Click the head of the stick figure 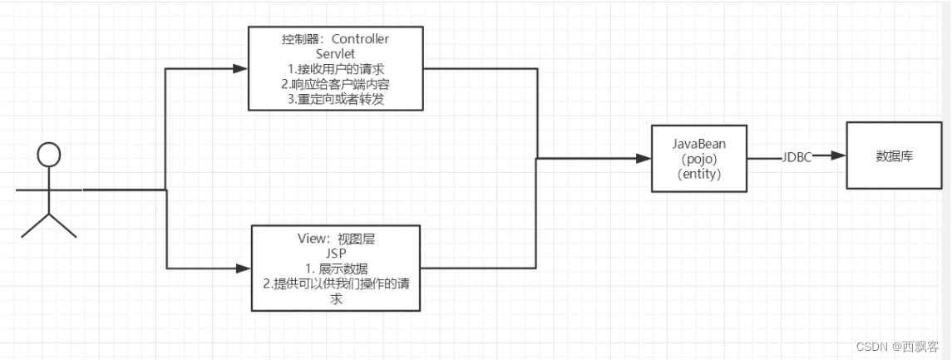[x=49, y=155]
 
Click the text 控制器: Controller [x=335, y=39]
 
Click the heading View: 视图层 [x=335, y=238]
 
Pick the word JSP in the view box [x=335, y=253]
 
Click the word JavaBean [x=698, y=142]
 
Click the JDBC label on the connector [x=796, y=155]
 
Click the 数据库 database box [x=894, y=155]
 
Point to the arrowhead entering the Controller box [x=242, y=69]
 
